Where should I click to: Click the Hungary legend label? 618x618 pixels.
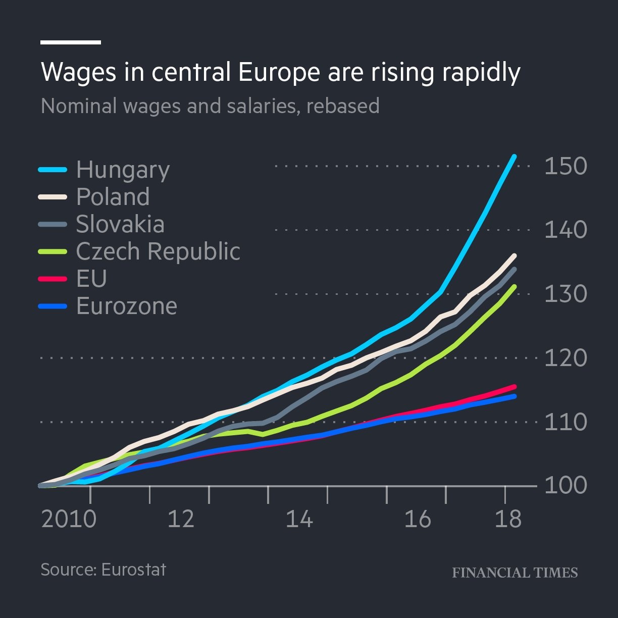pyautogui.click(x=123, y=170)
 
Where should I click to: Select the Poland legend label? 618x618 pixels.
pyautogui.click(x=113, y=197)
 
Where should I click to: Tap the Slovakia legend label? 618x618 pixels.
pyautogui.click(x=120, y=224)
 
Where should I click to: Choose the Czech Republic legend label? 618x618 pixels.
pyautogui.click(x=158, y=251)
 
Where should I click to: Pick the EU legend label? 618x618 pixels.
pyautogui.click(x=91, y=279)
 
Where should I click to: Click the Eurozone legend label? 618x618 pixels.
pyautogui.click(x=127, y=306)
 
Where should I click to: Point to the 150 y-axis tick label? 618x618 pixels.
pyautogui.click(x=565, y=166)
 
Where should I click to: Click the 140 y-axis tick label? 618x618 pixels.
pyautogui.click(x=565, y=230)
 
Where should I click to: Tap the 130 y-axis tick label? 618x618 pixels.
pyautogui.click(x=565, y=294)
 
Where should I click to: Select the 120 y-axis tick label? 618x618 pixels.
pyautogui.click(x=565, y=358)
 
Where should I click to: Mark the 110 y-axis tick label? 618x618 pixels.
pyautogui.click(x=565, y=422)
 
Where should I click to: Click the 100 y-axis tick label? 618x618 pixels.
pyautogui.click(x=565, y=486)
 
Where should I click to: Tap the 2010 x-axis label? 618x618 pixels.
pyautogui.click(x=69, y=519)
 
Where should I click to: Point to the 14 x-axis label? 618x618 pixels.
pyautogui.click(x=299, y=519)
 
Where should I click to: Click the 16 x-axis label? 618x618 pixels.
pyautogui.click(x=418, y=519)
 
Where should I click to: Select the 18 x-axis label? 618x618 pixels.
pyautogui.click(x=507, y=519)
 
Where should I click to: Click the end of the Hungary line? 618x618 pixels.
pyautogui.click(x=514, y=157)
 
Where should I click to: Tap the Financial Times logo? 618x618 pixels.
pyautogui.click(x=514, y=573)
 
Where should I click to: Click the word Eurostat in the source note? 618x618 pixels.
pyautogui.click(x=133, y=570)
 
